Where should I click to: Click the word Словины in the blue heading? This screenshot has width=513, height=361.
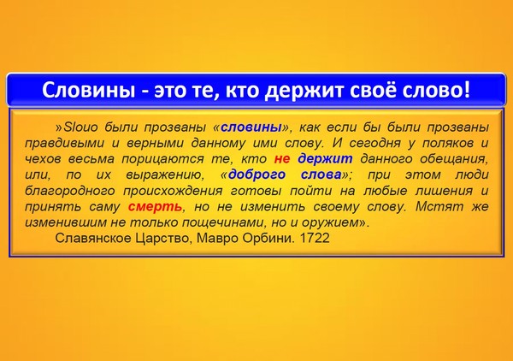(x=88, y=90)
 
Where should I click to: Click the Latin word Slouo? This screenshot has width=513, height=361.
(x=80, y=127)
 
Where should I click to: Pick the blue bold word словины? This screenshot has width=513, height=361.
(x=251, y=127)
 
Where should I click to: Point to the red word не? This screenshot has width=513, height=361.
(x=282, y=159)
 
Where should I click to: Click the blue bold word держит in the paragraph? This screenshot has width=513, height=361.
(x=325, y=159)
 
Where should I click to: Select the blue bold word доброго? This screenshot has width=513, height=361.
(x=256, y=175)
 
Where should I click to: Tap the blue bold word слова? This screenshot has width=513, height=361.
(x=321, y=175)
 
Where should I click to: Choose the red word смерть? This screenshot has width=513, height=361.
(x=155, y=206)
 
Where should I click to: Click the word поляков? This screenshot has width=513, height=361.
(x=448, y=143)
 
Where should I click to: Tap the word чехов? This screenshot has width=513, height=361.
(x=41, y=159)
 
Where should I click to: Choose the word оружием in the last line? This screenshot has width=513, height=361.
(x=330, y=222)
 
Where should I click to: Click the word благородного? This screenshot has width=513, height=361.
(x=70, y=191)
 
